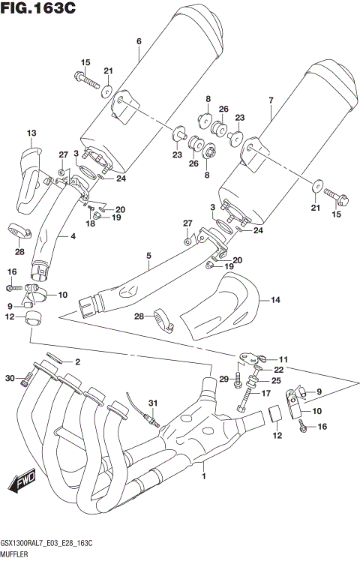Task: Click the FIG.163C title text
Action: coord(39,10)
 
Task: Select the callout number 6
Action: coord(139,42)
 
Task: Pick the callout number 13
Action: coord(31,133)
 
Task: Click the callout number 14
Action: coord(275,300)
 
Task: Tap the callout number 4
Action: coord(73,237)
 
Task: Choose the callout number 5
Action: coord(149,256)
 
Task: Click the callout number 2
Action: coord(76,362)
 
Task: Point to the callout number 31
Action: coord(152,404)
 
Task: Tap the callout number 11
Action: coord(283,359)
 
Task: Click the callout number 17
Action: coord(265,393)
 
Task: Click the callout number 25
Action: coord(275,381)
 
